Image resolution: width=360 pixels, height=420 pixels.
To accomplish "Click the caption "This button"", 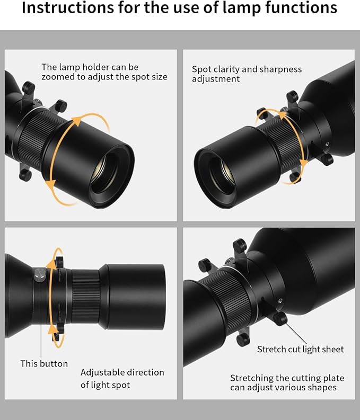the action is (x=44, y=363).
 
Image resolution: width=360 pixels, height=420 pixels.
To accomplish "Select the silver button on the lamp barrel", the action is (x=40, y=275).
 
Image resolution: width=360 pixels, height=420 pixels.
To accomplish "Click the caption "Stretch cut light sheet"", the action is (x=300, y=349).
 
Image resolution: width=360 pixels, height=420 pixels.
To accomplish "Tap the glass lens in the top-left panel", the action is (x=104, y=173).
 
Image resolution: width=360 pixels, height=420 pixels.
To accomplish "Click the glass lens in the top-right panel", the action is (x=223, y=174).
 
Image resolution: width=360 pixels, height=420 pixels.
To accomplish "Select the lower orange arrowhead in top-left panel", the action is (x=50, y=184).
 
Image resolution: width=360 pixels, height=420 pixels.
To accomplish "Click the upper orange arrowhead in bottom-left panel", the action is (x=51, y=264).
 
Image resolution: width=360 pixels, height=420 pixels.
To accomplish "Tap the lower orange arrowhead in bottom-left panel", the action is (x=53, y=329).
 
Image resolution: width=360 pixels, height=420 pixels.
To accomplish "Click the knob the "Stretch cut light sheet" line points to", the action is (x=280, y=319).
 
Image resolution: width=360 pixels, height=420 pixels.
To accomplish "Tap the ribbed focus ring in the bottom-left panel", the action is (x=85, y=296).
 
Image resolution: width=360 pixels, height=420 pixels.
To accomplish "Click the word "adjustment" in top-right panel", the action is (x=216, y=79).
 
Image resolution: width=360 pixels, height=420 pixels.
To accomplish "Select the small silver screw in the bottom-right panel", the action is (x=280, y=300).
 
